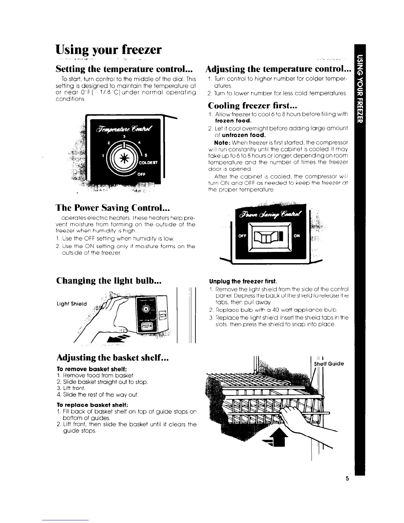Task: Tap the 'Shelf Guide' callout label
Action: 329,364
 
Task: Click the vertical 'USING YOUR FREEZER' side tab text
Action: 360,89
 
